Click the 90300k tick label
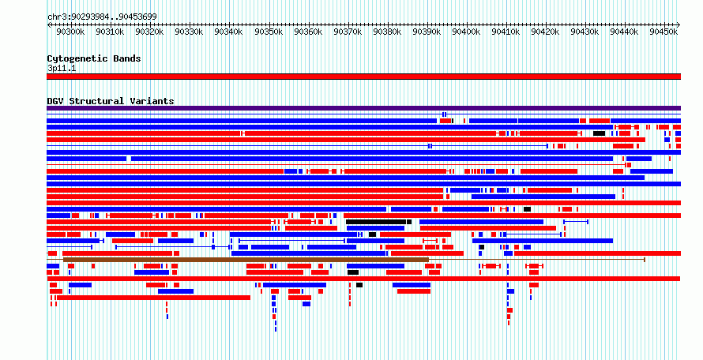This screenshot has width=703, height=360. (71, 32)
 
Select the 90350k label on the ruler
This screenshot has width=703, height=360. (269, 32)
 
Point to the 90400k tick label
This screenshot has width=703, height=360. (467, 32)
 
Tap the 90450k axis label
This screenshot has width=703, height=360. (664, 32)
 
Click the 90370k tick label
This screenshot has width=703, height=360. (348, 32)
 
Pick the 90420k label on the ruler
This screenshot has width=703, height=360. (547, 32)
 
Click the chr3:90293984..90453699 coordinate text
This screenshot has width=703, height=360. (102, 17)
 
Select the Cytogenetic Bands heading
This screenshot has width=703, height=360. (94, 58)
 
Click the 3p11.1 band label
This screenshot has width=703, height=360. (62, 69)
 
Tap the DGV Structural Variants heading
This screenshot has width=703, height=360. (111, 101)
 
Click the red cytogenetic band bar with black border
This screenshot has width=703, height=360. (363, 77)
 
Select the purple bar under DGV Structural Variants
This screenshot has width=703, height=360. (363, 108)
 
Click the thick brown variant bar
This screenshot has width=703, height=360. (246, 260)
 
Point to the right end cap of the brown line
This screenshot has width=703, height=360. (645, 260)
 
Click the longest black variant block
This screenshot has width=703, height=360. (376, 222)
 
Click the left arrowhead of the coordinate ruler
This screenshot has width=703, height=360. (48, 24)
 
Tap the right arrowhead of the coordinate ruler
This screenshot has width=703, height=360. (679, 24)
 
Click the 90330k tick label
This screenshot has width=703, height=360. (190, 32)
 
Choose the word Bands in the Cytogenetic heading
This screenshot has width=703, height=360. (127, 58)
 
